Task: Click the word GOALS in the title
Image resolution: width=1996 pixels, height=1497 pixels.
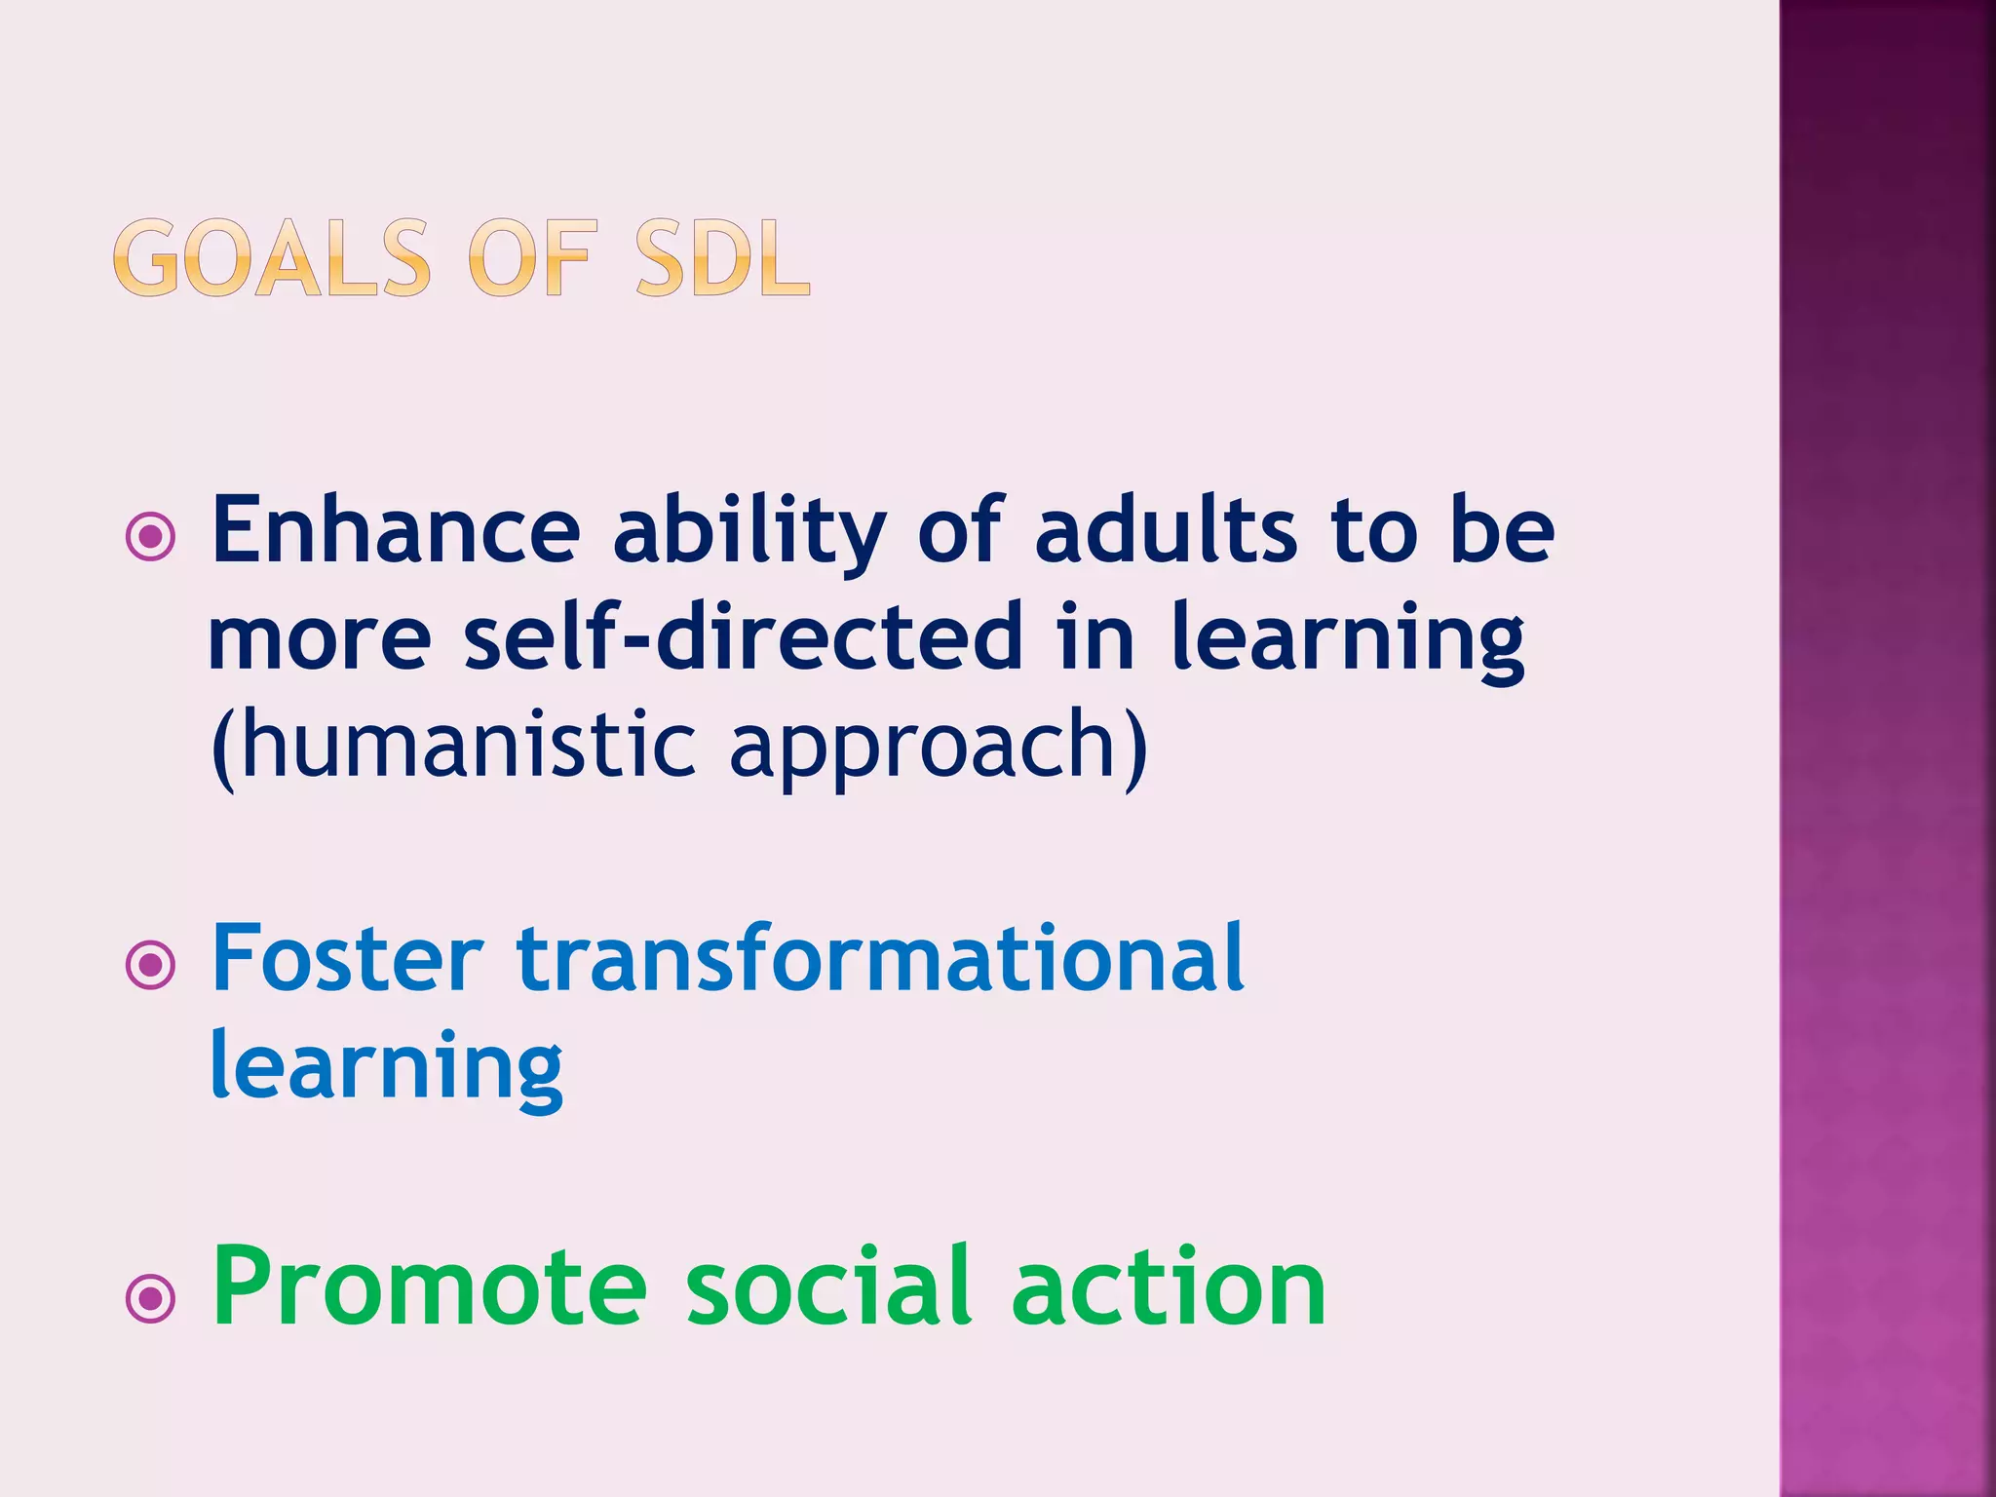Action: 272,258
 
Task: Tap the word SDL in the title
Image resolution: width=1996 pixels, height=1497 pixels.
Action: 722,258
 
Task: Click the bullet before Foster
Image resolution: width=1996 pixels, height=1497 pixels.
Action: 151,966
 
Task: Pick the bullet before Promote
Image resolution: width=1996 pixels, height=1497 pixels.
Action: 151,1297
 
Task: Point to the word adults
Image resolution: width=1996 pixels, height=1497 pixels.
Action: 1166,531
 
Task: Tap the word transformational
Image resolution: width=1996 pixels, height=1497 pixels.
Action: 880,960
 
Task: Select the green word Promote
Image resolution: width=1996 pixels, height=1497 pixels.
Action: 430,1288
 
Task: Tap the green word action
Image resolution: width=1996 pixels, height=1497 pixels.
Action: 1169,1288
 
